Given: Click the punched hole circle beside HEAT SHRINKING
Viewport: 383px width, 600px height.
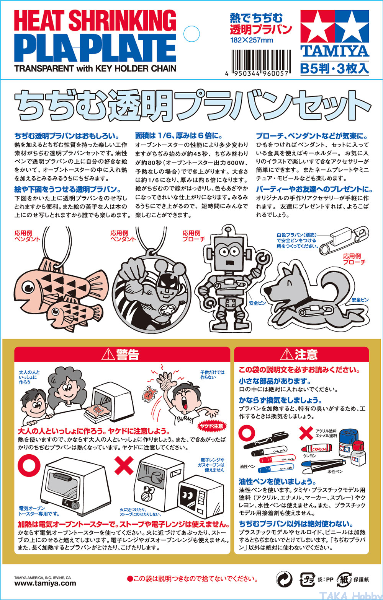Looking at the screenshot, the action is click(x=191, y=34).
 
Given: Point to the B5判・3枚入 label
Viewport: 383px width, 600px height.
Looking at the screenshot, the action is click(x=334, y=68).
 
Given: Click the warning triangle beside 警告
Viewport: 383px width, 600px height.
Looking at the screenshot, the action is click(x=108, y=354).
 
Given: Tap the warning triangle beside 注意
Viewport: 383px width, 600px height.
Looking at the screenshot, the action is click(x=287, y=354).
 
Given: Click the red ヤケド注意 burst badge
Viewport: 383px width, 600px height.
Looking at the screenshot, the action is click(x=212, y=426).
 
